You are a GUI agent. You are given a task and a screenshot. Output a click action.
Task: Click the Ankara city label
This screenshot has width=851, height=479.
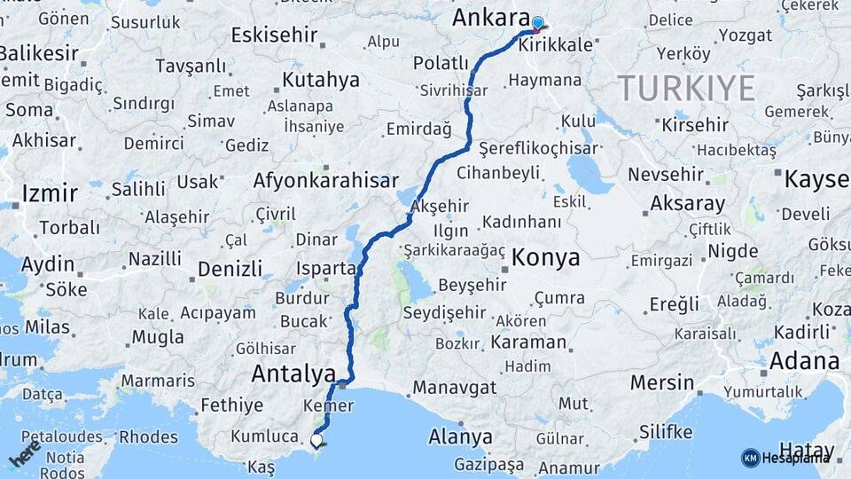pyautogui.click(x=491, y=19)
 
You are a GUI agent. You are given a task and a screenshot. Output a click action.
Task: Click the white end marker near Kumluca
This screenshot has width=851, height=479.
pyautogui.click(x=316, y=438)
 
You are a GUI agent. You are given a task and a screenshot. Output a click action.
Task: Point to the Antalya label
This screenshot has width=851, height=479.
pyautogui.click(x=293, y=374)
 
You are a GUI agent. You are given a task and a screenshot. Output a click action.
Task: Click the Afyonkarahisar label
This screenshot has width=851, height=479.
pyautogui.click(x=326, y=181)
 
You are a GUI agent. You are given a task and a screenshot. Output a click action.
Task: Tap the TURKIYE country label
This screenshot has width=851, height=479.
pyautogui.click(x=686, y=88)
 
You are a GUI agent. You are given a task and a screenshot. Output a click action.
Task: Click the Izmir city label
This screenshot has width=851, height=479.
pyautogui.click(x=50, y=192)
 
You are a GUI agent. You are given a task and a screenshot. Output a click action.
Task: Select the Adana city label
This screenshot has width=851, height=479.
pyautogui.click(x=804, y=362)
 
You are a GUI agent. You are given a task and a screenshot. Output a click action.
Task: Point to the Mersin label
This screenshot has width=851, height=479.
pyautogui.click(x=662, y=383)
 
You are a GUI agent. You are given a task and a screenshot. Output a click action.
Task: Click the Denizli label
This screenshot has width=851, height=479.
pyautogui.click(x=230, y=268)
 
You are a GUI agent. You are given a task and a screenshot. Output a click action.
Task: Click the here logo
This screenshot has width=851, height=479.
pyautogui.click(x=25, y=453)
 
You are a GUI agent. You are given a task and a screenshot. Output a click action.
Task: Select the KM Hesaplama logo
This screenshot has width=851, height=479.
pyautogui.click(x=785, y=458)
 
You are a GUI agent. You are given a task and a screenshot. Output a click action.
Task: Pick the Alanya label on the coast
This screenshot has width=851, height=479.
pyautogui.click(x=460, y=436)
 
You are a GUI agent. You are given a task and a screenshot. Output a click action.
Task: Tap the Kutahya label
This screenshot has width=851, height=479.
pyautogui.click(x=321, y=80)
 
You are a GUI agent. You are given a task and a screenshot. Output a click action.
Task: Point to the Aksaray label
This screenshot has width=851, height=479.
pyautogui.click(x=687, y=203)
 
